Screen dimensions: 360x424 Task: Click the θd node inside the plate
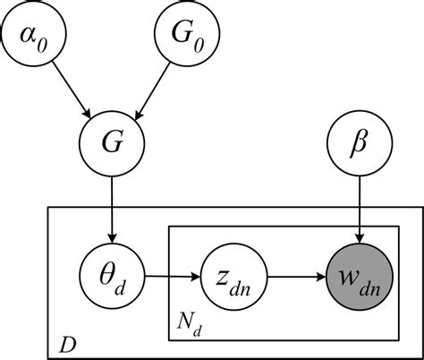coord(111,269)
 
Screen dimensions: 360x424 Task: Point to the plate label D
coord(67,344)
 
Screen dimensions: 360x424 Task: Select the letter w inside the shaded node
coord(351,266)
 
